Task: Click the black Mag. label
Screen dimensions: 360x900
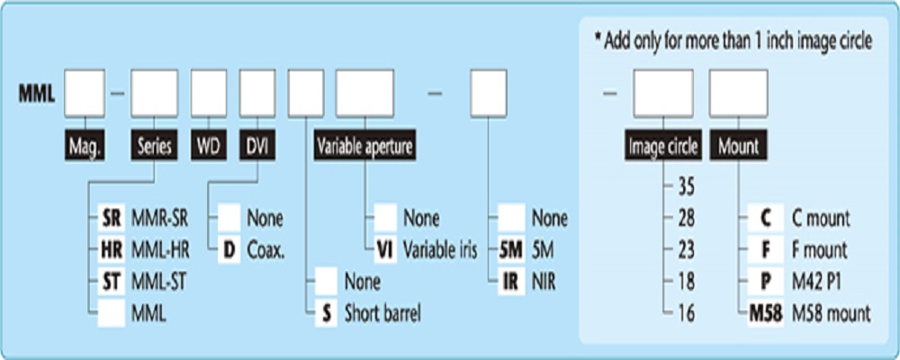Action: coord(85,145)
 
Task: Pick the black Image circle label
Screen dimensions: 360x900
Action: coord(663,145)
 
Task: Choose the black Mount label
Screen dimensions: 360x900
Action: coord(737,145)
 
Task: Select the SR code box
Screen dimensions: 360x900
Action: coord(109,218)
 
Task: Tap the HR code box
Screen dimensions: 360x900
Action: coord(109,249)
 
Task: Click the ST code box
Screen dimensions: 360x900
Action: coord(109,282)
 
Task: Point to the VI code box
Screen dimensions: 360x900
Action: coord(385,249)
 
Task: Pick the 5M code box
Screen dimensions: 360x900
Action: coord(510,249)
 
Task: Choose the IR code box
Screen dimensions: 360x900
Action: coord(510,282)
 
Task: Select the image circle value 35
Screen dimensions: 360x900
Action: coord(685,186)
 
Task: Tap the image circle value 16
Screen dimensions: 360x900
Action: coord(685,313)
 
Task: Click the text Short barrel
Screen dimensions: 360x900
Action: coord(382,313)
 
